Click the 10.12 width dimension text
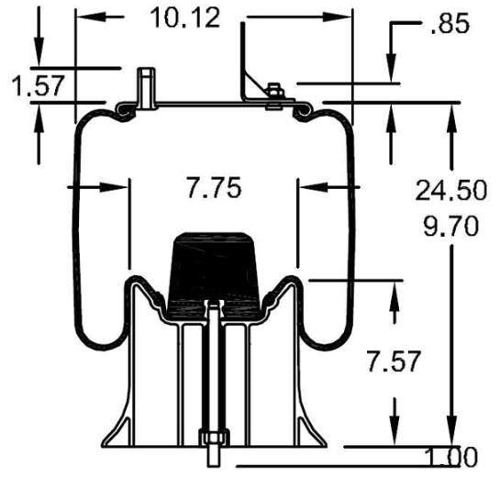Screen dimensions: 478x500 188,17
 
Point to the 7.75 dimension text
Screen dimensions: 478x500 213,189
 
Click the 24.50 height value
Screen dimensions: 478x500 449,191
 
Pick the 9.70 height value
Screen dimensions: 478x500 449,225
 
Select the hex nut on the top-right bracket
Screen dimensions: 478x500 272,90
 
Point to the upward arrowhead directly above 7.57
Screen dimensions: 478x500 395,295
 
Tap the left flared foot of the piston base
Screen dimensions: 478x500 116,431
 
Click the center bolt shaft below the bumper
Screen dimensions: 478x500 212,367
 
